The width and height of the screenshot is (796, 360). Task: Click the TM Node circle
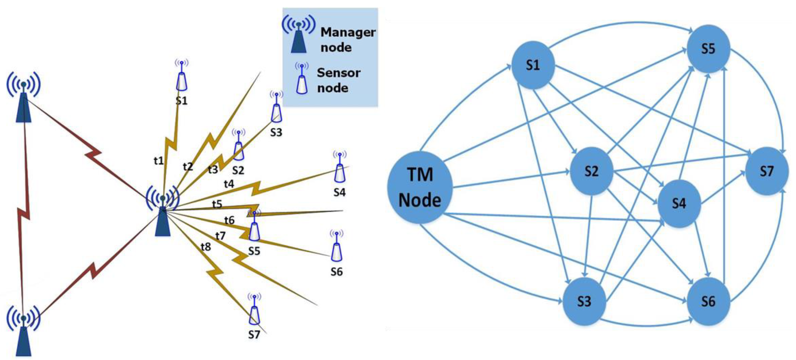420,187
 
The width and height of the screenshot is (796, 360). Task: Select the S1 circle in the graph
533,65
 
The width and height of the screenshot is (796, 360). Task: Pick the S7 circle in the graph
767,171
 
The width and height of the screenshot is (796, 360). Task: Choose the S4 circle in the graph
679,203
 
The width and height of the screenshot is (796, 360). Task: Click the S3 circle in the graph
584,301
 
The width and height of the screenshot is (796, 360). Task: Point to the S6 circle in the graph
708,301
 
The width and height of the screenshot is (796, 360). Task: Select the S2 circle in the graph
591,171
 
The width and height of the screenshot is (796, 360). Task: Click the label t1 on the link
159,160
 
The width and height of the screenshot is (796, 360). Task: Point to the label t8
206,247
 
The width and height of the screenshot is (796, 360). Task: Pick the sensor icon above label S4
340,168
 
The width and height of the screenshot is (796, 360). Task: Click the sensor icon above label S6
336,247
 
